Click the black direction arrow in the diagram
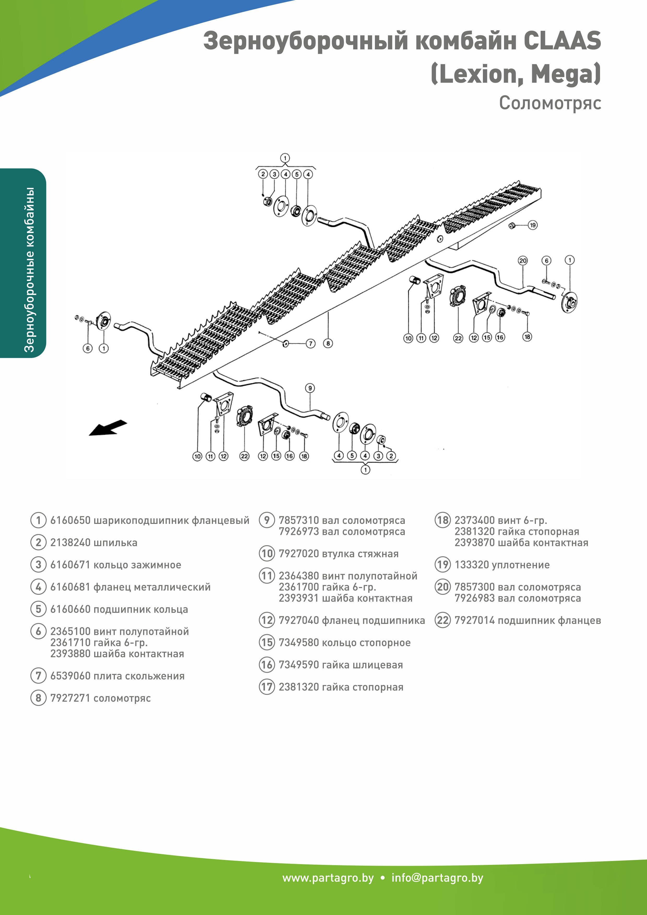pyautogui.click(x=107, y=428)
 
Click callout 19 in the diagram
pyautogui.click(x=533, y=225)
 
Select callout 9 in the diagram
pyautogui.click(x=310, y=388)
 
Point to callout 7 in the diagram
pyautogui.click(x=310, y=344)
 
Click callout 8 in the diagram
pyautogui.click(x=328, y=344)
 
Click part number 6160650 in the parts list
pyautogui.click(x=70, y=521)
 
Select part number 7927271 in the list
pyautogui.click(x=70, y=698)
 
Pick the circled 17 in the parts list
pyautogui.click(x=267, y=687)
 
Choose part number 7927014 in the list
pyautogui.click(x=474, y=620)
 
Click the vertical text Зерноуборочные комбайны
pyautogui.click(x=29, y=270)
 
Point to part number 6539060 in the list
pyautogui.click(x=70, y=676)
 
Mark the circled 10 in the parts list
pyautogui.click(x=267, y=554)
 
